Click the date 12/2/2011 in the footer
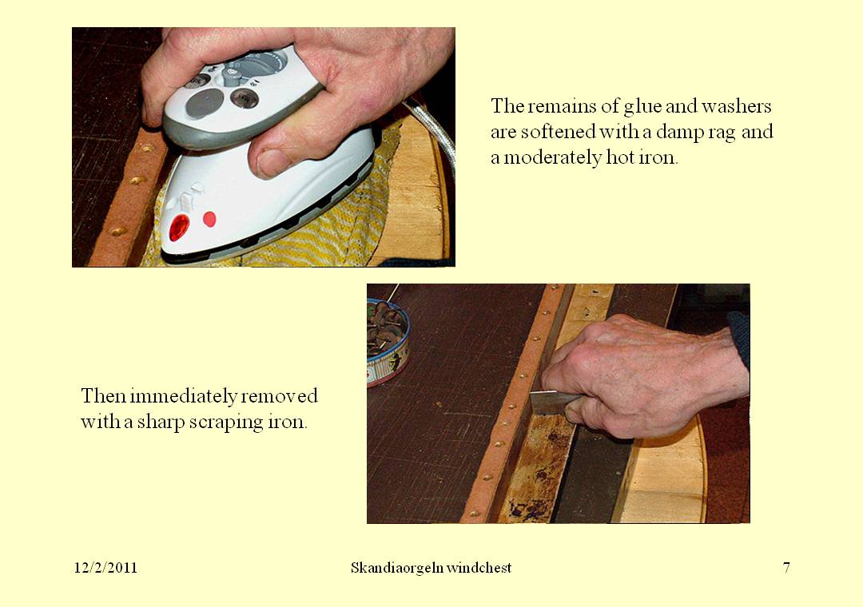tap(105, 568)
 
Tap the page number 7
tap(786, 568)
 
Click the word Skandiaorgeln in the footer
tap(391, 568)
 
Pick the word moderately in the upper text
tap(549, 157)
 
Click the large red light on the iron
tap(179, 227)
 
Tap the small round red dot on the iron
tap(209, 218)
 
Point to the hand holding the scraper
tap(639, 375)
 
